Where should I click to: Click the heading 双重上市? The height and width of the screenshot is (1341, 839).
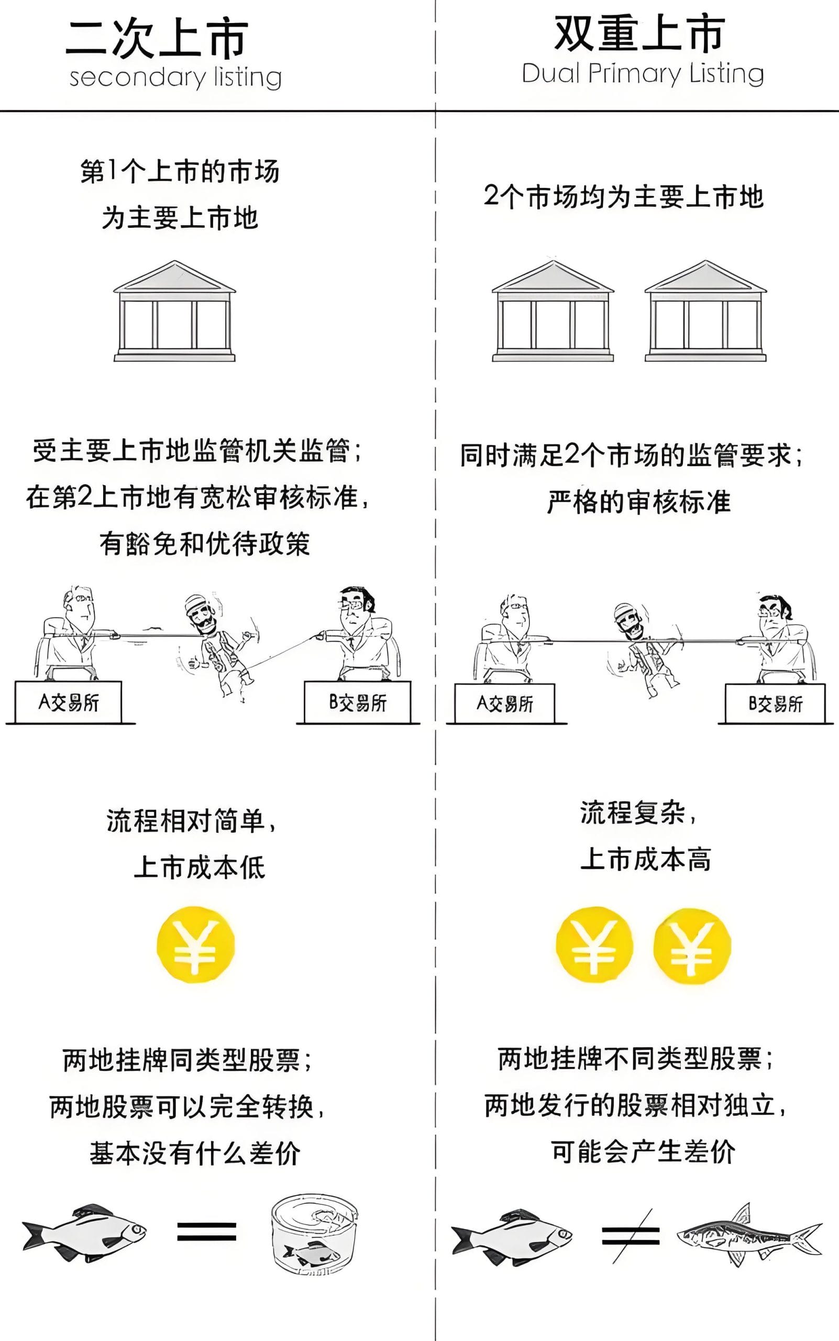pos(640,34)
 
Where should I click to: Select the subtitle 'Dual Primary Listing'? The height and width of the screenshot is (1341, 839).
pos(643,74)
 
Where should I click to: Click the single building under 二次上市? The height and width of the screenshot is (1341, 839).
pos(175,311)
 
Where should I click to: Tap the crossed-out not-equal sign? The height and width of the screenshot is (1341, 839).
pos(631,1236)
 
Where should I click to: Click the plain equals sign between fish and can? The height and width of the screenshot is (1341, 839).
pos(206,1231)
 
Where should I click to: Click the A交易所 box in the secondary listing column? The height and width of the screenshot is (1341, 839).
pos(68,702)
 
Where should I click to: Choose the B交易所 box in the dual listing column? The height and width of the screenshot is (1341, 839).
pos(775,704)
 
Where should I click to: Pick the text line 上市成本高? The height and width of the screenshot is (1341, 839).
pos(645,859)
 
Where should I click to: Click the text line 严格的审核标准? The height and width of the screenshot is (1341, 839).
pos(639,502)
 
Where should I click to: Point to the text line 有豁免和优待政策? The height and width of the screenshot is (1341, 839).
pos(205,544)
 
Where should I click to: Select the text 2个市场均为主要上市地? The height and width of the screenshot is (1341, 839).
pos(624,196)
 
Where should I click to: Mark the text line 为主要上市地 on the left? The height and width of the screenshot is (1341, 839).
pos(180,217)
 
